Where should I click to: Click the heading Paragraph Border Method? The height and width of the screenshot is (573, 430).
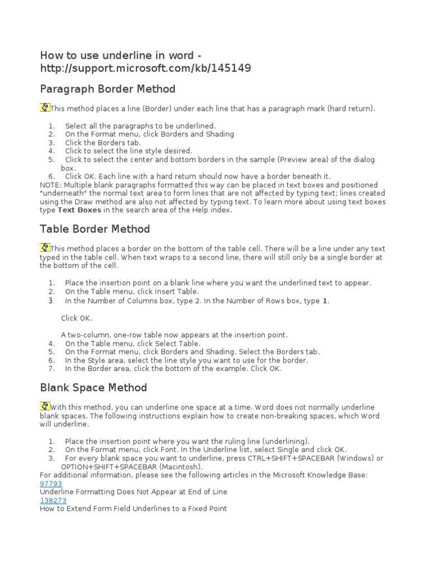click(107, 89)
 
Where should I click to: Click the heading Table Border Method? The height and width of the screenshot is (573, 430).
click(95, 229)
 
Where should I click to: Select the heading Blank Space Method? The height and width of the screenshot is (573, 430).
click(94, 387)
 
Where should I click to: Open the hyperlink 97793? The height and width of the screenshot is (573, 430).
click(51, 483)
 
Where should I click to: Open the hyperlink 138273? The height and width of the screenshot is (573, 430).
click(53, 500)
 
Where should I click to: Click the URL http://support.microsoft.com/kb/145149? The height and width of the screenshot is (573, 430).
click(146, 68)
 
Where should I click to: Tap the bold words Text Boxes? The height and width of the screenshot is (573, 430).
click(80, 210)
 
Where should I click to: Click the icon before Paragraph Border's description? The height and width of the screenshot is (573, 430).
click(45, 107)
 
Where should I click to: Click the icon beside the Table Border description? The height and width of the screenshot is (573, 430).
click(45, 247)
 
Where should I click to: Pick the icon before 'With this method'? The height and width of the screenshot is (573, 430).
click(45, 406)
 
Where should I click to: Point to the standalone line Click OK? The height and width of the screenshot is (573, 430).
click(76, 318)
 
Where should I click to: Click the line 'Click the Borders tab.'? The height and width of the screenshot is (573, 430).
click(102, 143)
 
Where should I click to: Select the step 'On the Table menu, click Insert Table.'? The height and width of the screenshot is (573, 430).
click(132, 292)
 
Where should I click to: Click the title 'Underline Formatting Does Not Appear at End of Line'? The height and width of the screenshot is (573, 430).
click(133, 492)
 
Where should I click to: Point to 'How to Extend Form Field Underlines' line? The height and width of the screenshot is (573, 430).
click(133, 509)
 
